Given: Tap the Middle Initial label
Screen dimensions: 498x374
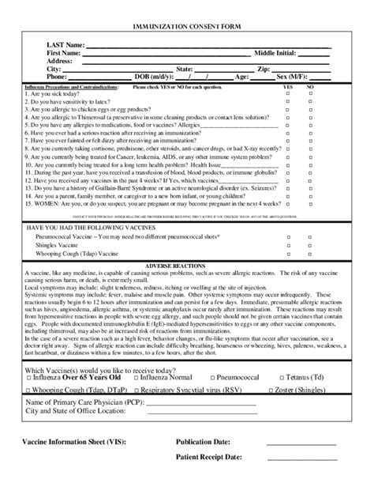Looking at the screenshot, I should click(275, 53).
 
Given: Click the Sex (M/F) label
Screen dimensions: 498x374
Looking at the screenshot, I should click(293, 77).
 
